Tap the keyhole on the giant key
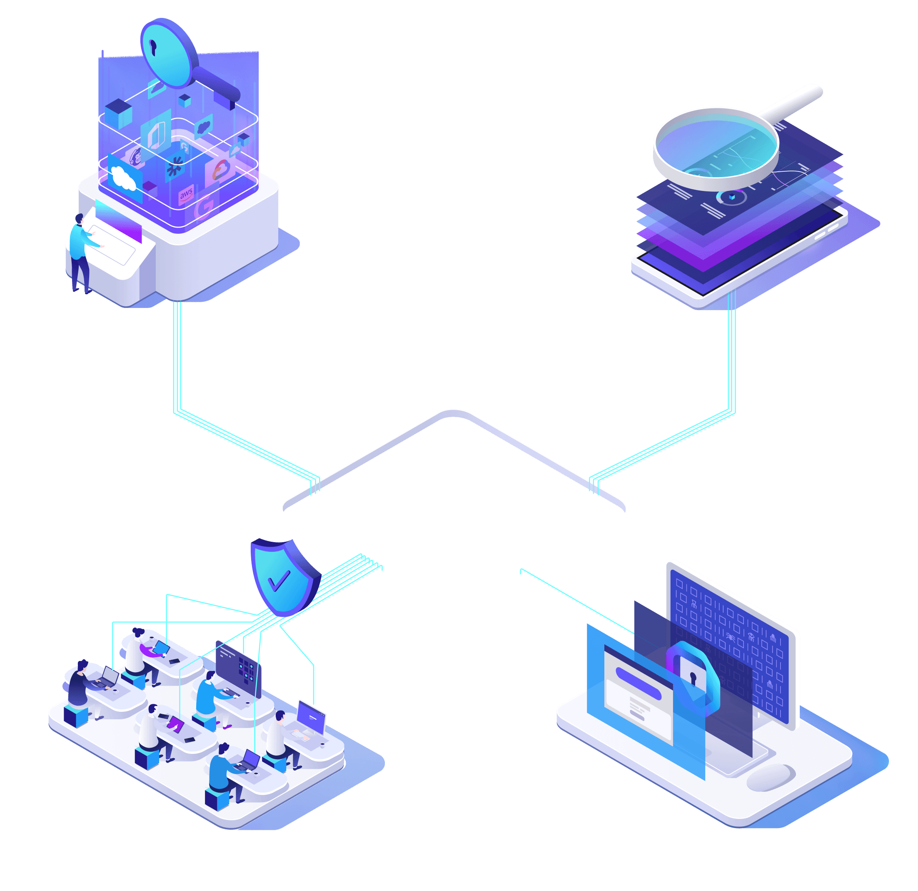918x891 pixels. pyautogui.click(x=153, y=47)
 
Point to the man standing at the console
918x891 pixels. pyautogui.click(x=80, y=251)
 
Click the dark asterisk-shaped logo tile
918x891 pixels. pyautogui.click(x=176, y=166)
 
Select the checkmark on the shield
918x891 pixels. pyautogui.click(x=279, y=581)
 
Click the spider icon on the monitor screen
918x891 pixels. pyautogui.click(x=730, y=636)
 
